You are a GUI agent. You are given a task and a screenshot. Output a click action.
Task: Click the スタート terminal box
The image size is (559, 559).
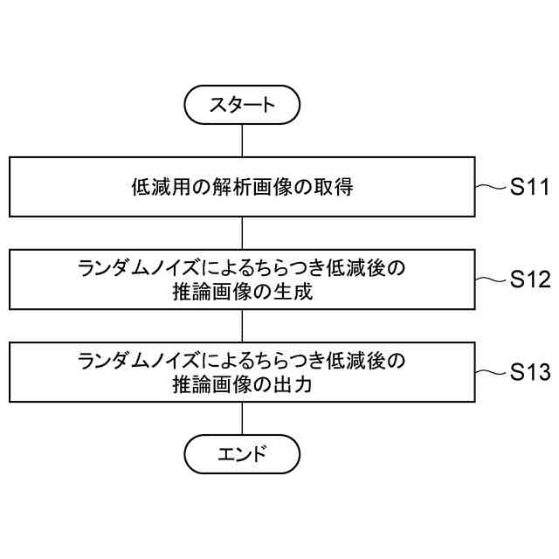point(242,106)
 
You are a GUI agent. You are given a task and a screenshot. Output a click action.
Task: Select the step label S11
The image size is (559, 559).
point(529,187)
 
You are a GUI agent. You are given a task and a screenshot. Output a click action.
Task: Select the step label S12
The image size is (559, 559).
point(529,280)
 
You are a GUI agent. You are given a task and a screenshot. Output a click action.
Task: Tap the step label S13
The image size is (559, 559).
point(529,373)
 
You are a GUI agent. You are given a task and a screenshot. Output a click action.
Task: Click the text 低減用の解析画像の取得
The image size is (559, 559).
point(242,187)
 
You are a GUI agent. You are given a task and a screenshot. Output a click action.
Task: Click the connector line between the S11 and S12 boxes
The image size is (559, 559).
point(242,233)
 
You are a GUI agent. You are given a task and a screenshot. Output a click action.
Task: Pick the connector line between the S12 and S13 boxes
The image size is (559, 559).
point(242,327)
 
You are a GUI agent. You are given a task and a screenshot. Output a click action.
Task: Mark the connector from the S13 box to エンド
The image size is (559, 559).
point(242,418)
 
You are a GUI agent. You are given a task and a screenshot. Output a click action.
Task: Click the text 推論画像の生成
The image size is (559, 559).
point(242,293)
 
